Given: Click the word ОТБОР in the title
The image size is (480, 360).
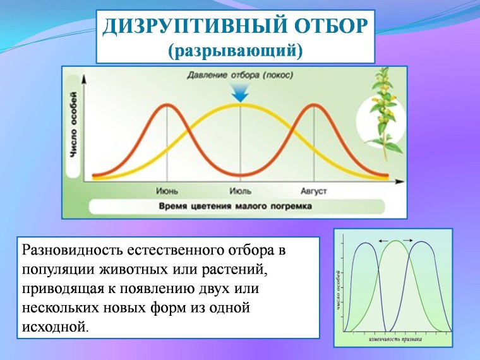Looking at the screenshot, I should (329, 27).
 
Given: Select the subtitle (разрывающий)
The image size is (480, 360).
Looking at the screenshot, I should (235, 49).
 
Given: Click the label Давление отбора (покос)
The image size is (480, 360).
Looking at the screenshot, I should (240, 75).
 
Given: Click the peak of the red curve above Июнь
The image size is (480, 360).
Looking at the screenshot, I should (167, 105).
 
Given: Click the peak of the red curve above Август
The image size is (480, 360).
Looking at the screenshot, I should (313, 105).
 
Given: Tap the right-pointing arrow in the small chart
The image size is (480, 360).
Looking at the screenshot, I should (407, 240).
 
